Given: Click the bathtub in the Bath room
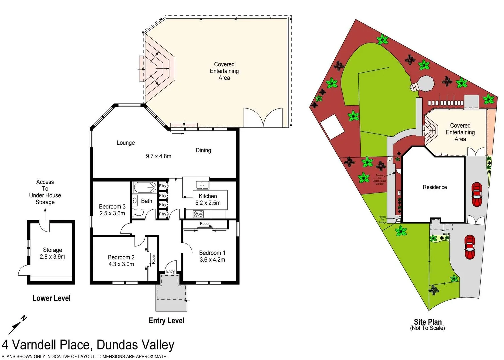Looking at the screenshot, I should (x=145, y=187).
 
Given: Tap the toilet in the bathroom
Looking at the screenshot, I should (x=138, y=212).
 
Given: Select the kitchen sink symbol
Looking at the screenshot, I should (x=202, y=185).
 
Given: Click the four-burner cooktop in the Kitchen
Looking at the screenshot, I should (x=198, y=214).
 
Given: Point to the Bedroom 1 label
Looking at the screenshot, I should (x=212, y=253).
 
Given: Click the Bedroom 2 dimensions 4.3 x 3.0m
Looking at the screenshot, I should (x=121, y=264).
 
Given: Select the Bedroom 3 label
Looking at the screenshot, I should (x=112, y=207).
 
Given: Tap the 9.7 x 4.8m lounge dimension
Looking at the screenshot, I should (x=158, y=156).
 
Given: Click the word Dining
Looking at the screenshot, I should (x=203, y=150).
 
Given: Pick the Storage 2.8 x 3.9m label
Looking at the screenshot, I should (x=52, y=253).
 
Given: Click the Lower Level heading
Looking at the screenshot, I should (x=51, y=298).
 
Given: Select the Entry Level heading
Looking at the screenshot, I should (x=166, y=321).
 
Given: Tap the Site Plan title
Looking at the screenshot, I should (x=427, y=322).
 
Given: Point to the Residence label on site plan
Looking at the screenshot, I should (x=435, y=187).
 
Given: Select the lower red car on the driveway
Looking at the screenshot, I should (x=470, y=247).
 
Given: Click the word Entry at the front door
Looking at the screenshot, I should (x=170, y=271).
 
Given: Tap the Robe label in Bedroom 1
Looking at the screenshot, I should (x=204, y=224).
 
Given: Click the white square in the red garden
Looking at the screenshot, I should (x=332, y=126).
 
